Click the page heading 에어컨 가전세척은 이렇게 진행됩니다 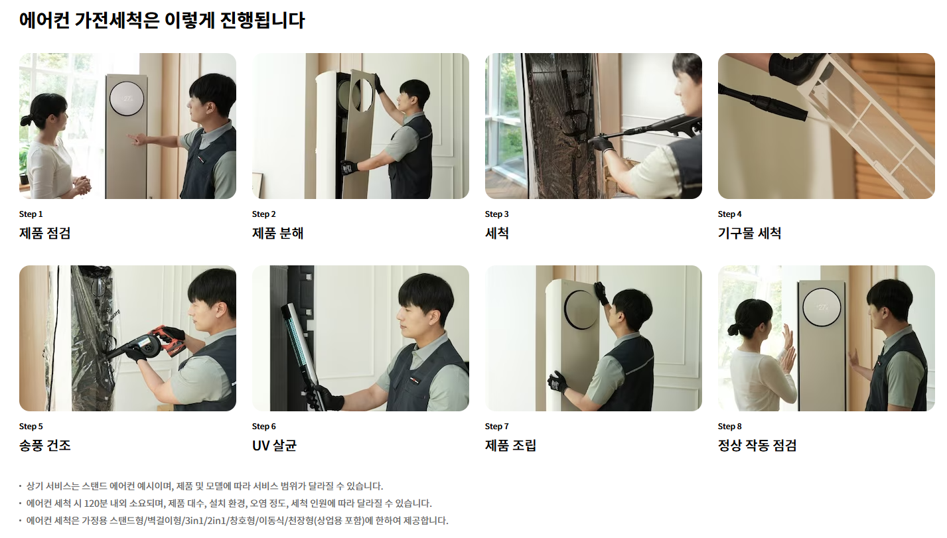pos(162,21)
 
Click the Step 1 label pos(31,214)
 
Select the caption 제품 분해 pos(277,234)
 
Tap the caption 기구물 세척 pos(749,234)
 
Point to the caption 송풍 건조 pos(44,446)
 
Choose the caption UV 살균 pos(274,446)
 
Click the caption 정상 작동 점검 pos(757,446)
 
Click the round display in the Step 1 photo pos(126,98)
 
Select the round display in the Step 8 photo pos(821,307)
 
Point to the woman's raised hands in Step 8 pos(788,348)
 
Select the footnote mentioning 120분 pos(229,504)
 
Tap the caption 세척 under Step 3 pos(496,234)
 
